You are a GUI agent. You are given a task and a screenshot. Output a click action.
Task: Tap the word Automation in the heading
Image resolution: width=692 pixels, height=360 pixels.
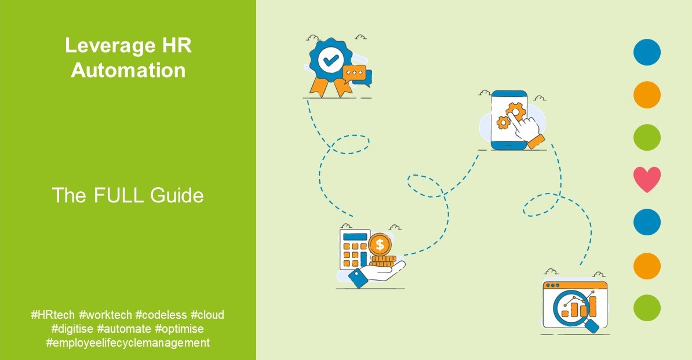(x=129, y=71)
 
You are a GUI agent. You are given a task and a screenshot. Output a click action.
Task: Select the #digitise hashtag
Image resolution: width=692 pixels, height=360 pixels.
(x=74, y=329)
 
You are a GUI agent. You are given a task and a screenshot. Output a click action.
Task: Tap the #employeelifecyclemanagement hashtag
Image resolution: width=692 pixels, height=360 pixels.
(x=128, y=343)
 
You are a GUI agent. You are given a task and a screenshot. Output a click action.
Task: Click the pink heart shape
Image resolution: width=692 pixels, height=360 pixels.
(x=647, y=179)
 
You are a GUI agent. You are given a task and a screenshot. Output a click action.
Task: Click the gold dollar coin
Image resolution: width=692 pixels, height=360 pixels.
(x=380, y=244)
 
